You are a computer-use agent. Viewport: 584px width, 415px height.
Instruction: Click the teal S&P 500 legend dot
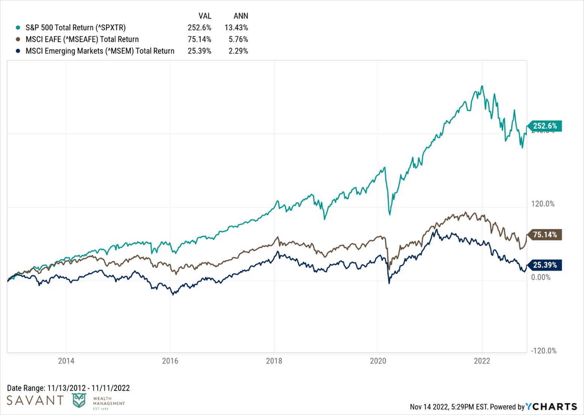[18, 28]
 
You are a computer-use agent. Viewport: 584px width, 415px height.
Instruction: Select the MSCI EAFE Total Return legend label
[82, 39]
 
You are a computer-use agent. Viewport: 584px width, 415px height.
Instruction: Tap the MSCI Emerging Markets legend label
[100, 51]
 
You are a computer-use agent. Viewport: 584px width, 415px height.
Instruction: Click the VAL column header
[205, 16]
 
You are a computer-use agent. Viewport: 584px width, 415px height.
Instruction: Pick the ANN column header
[241, 16]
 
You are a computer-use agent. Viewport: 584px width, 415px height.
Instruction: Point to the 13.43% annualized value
[236, 28]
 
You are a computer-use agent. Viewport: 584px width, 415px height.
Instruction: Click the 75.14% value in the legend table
[199, 39]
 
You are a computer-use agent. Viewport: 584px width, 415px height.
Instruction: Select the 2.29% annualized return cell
[238, 51]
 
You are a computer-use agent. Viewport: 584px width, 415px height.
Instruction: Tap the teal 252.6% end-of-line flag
[545, 126]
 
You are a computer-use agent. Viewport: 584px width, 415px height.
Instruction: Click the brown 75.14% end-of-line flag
[545, 235]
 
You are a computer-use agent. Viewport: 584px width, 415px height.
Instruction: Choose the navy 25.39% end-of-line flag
[545, 265]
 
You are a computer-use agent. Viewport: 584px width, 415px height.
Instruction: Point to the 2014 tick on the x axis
[66, 361]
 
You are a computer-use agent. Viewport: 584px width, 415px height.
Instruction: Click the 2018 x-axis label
[274, 361]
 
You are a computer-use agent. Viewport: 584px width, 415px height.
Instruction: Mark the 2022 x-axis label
[482, 361]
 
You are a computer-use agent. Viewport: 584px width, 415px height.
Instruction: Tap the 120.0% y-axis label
[543, 204]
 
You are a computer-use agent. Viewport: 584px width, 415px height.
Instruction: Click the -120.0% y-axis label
[543, 351]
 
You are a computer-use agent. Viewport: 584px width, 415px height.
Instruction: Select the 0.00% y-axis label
[541, 278]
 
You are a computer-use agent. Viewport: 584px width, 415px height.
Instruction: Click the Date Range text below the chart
[68, 388]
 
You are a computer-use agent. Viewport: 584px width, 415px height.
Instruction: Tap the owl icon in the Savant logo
[79, 401]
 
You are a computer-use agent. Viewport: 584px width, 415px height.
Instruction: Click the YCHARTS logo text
[551, 407]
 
